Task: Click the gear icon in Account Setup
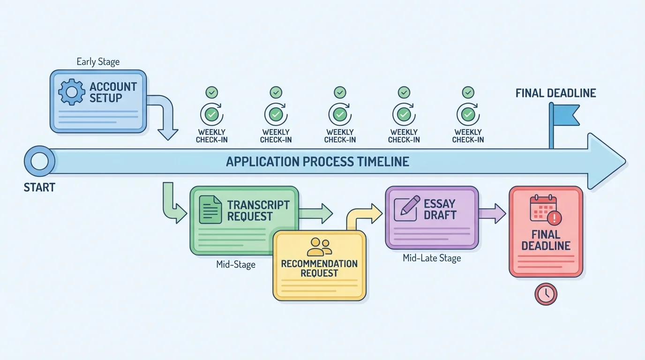(72, 92)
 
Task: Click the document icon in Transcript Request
(210, 210)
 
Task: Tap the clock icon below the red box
(546, 294)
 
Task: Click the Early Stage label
(98, 62)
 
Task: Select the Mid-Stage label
(236, 265)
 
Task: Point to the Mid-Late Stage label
(432, 258)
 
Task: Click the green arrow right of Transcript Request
(316, 214)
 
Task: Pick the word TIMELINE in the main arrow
(383, 162)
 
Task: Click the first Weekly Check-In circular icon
(212, 114)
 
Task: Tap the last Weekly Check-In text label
(468, 136)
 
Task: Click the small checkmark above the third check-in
(340, 92)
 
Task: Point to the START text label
(39, 188)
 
